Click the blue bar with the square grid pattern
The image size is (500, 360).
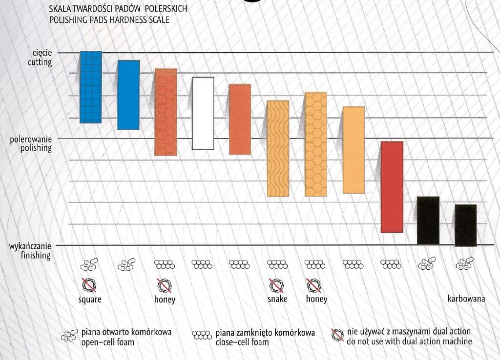pos(91,87)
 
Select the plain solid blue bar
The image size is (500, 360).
pos(128,95)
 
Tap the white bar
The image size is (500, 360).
pos(203,113)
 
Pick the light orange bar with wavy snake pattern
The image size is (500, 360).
pos(278,148)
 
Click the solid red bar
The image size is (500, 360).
pos(392,187)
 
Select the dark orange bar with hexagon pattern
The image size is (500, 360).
pos(166,112)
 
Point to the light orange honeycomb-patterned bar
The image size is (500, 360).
pos(315,144)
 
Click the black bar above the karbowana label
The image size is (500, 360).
pos(465,225)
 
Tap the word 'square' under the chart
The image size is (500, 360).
pos(90,299)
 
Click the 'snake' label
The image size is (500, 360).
pos(277,299)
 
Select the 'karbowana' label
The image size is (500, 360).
pos(466,299)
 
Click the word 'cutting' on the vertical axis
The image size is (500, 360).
pos(39,62)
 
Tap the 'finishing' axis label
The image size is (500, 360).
pos(35,255)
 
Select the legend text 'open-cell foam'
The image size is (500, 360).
pos(107,342)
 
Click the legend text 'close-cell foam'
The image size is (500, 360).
pos(242,342)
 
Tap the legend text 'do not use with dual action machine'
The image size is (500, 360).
pos(409,342)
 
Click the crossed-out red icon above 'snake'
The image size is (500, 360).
pos(277,284)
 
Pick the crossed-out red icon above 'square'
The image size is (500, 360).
pos(90,284)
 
